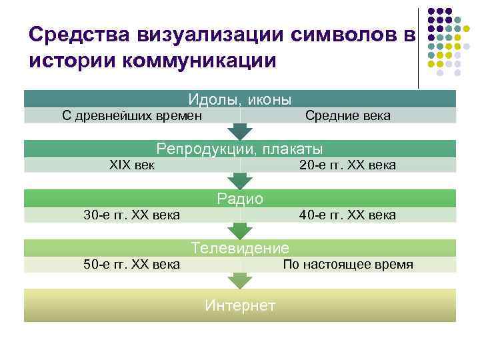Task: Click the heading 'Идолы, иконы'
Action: [240, 100]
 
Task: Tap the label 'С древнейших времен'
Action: [132, 116]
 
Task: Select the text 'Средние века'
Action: [348, 116]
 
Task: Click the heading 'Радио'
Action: [240, 198]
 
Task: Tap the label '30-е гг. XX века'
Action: [131, 215]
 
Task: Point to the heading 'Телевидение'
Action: [240, 248]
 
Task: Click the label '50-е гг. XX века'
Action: [131, 265]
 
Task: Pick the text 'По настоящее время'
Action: [348, 265]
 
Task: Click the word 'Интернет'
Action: [240, 305]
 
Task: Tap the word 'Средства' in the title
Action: [74, 34]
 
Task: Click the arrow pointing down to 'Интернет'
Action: [240, 281]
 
